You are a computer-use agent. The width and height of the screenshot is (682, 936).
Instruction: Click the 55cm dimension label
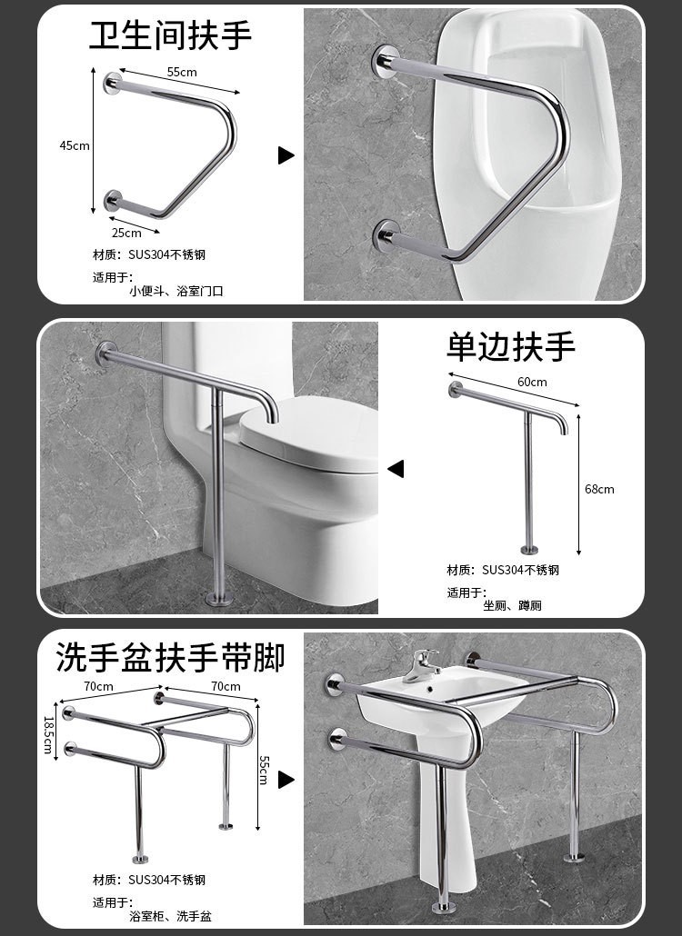(182, 72)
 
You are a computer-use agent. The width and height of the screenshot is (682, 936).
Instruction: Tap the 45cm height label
(74, 145)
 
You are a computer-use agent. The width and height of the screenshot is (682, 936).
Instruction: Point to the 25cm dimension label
(126, 233)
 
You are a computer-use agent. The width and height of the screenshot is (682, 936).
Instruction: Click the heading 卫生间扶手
(171, 35)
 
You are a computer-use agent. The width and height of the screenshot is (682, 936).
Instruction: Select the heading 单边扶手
(511, 346)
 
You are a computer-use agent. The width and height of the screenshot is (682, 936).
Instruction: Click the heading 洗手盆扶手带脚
(171, 657)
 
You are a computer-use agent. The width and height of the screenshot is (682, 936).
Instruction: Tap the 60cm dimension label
(532, 382)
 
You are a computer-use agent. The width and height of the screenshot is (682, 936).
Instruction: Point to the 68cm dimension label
(599, 490)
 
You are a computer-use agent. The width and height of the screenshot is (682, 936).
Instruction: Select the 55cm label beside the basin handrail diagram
(265, 770)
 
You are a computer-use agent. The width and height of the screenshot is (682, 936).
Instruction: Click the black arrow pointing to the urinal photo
(286, 155)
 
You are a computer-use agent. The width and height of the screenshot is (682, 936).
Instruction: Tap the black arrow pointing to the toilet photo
(396, 469)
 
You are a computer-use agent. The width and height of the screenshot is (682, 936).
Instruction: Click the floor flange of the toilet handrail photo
(218, 598)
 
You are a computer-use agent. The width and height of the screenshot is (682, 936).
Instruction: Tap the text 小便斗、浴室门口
(176, 292)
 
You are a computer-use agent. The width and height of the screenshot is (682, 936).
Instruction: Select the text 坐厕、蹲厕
(512, 606)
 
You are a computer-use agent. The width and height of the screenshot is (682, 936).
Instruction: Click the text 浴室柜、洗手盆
(170, 916)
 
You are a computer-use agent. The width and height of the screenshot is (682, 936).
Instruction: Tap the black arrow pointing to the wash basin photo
(286, 780)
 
